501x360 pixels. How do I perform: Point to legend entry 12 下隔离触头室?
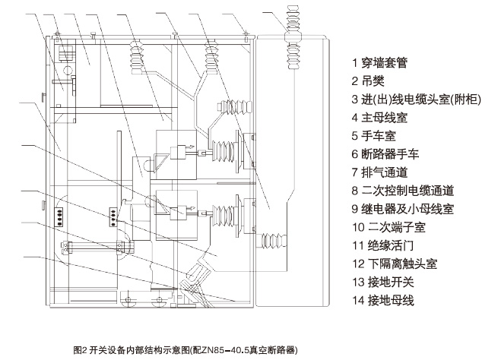click(x=398, y=264)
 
